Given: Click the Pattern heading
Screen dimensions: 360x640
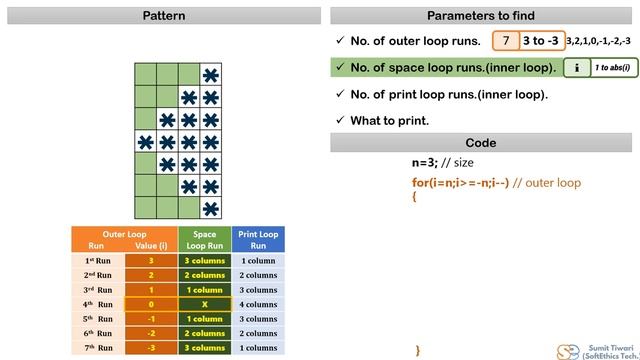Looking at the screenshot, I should tap(163, 16).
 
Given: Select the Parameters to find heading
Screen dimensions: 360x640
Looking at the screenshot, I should tap(480, 16).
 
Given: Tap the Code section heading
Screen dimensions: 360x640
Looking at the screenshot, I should tap(480, 143).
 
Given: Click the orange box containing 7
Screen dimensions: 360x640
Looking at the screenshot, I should tap(506, 41).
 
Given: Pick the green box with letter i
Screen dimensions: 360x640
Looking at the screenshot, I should tap(576, 68).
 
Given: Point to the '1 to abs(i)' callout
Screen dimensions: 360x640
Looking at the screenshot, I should tap(611, 68).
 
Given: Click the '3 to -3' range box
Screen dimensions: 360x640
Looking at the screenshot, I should tap(541, 41).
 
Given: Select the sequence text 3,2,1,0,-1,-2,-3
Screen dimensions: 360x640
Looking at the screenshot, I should tap(598, 41).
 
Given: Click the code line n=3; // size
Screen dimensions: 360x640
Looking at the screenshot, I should tap(442, 163).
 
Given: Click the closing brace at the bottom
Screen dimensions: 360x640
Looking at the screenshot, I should tap(417, 350).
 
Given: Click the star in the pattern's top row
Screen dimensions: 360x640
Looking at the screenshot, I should tap(210, 75).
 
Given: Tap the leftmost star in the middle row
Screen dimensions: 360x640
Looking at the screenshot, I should tap(145, 142).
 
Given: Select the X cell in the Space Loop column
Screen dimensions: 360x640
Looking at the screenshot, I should tap(204, 304).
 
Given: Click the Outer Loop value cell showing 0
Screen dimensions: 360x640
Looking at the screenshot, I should tap(151, 304).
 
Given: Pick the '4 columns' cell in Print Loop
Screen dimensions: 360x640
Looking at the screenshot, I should tap(258, 304).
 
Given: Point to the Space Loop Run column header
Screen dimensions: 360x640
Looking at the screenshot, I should tap(204, 240).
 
